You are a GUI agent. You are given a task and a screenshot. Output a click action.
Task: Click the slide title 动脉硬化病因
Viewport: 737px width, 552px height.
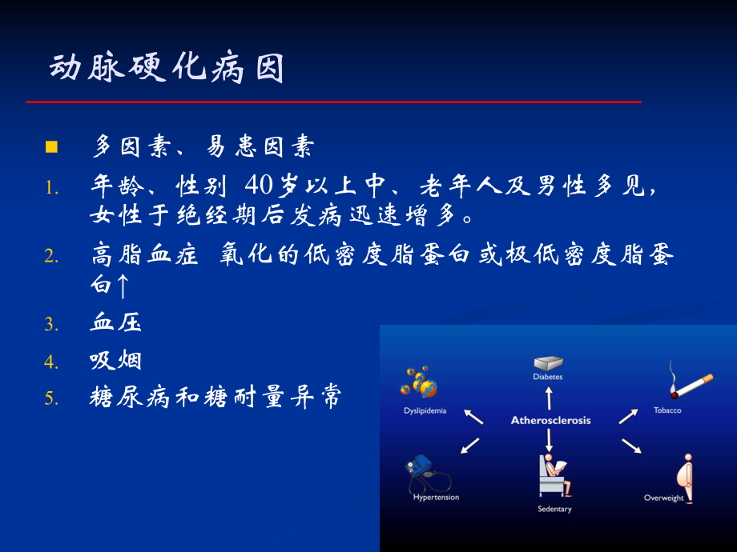pyautogui.click(x=167, y=70)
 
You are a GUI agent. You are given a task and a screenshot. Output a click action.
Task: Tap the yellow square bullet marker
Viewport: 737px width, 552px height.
pyautogui.click(x=51, y=147)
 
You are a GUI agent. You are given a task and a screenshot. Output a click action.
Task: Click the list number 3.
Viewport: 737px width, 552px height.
pyautogui.click(x=51, y=325)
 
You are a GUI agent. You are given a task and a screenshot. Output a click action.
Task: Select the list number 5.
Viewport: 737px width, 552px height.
pyautogui.click(x=51, y=398)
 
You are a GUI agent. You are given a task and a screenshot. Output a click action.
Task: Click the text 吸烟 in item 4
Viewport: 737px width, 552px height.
pyautogui.click(x=116, y=361)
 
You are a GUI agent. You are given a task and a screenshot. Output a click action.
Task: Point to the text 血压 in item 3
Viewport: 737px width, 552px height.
pyautogui.click(x=116, y=324)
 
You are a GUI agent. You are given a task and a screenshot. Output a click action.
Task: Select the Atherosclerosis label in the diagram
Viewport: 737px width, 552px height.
pyautogui.click(x=550, y=420)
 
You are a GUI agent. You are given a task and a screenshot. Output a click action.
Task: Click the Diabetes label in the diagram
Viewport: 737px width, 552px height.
pyautogui.click(x=548, y=376)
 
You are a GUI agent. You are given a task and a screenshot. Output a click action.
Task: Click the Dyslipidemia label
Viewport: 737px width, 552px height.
pyautogui.click(x=425, y=410)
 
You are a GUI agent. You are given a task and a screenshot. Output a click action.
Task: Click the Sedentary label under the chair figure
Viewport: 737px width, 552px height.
pyautogui.click(x=554, y=509)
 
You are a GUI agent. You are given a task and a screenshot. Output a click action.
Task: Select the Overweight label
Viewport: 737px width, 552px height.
pyautogui.click(x=664, y=498)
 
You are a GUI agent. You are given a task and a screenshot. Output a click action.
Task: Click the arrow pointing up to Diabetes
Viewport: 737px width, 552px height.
pyautogui.click(x=549, y=396)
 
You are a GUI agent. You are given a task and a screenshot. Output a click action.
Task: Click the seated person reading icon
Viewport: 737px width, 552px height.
pyautogui.click(x=553, y=475)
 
